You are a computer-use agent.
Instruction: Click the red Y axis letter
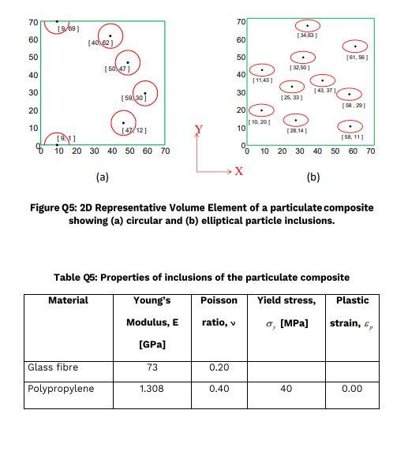tap(199, 129)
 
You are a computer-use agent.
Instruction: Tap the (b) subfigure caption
tap(313, 177)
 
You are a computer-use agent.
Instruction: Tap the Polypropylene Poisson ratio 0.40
tap(219, 389)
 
